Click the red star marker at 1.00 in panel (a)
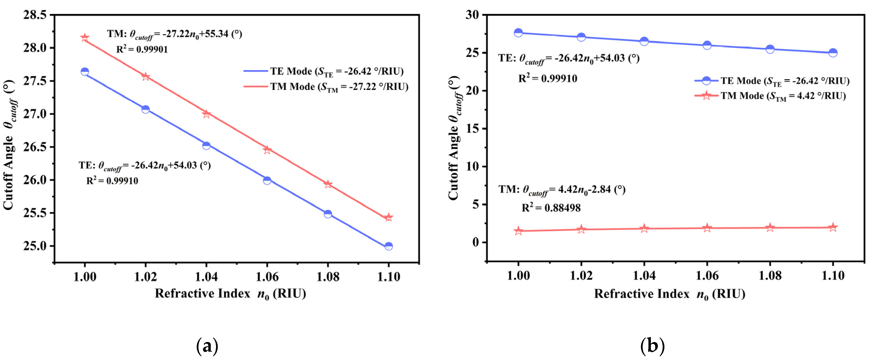(85, 37)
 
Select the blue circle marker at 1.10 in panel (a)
(389, 246)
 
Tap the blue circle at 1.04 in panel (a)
(206, 145)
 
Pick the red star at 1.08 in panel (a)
(328, 184)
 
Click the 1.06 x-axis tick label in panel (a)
(267, 277)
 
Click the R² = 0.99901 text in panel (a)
(142, 50)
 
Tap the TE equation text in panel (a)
(145, 166)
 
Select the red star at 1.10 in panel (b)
(833, 227)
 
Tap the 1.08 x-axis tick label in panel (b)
(770, 276)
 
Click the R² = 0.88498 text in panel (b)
(551, 208)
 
